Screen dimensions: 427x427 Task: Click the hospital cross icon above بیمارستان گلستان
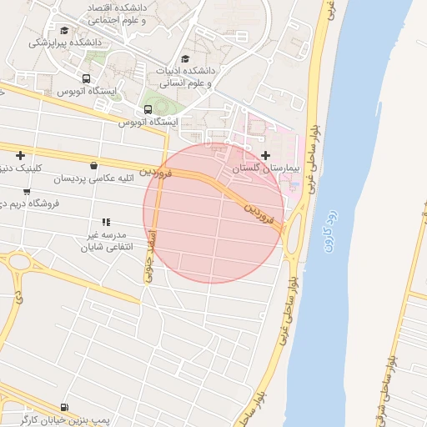coord(266,155)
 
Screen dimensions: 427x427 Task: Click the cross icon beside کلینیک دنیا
coord(20,155)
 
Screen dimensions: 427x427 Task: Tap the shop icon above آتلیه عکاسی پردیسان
coord(93,165)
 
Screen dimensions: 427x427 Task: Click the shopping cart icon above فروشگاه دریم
coord(27,191)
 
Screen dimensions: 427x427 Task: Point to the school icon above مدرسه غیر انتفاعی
coord(106,222)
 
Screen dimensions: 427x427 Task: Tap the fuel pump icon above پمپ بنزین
coord(64,403)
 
